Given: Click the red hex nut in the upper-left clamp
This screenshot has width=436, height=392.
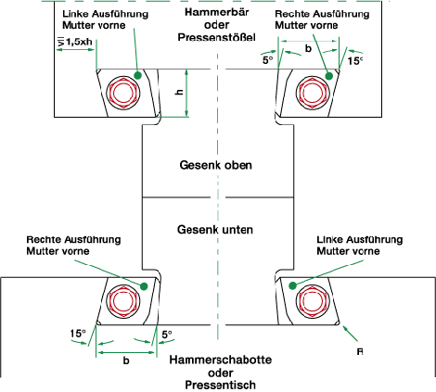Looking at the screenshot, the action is [x=123, y=93].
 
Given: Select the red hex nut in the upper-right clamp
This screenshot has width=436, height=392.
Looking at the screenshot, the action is [x=313, y=93].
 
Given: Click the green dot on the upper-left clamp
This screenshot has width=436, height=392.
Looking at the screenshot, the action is [x=138, y=75].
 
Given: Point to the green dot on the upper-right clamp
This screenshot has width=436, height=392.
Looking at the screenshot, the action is [x=329, y=75].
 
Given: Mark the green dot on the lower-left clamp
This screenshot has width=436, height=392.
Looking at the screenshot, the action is [x=144, y=286].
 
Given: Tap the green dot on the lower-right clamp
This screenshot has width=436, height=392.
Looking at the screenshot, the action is [x=292, y=285].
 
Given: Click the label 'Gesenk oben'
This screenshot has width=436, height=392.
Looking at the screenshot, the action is [x=216, y=165].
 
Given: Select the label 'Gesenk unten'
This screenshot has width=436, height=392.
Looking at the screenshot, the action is [x=215, y=230].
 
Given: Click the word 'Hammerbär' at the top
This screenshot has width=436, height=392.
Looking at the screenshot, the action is [x=217, y=12].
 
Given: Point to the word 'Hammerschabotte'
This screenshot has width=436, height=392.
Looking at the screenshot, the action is [x=221, y=360].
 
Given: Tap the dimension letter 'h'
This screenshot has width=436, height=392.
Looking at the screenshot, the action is [x=179, y=92].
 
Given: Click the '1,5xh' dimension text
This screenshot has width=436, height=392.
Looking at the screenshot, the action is [x=79, y=42].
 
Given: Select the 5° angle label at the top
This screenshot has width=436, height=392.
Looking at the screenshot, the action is [x=268, y=60].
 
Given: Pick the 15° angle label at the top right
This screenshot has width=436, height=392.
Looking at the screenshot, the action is [x=354, y=61].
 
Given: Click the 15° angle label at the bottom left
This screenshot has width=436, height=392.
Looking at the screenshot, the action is [x=78, y=334].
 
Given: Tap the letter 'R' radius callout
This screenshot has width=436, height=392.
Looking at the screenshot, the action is [x=360, y=352].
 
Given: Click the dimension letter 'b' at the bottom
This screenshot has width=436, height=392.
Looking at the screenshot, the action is [x=126, y=360].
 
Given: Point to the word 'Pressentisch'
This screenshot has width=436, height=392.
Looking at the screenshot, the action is [x=221, y=386].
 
